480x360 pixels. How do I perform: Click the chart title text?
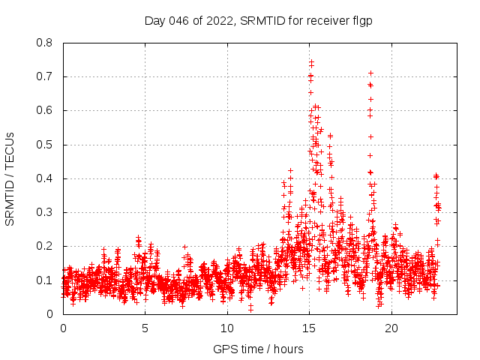pos(258,21)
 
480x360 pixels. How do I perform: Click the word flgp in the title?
pos(362,21)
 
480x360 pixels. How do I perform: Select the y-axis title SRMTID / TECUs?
pos(10,178)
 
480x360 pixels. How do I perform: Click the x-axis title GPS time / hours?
pos(258,349)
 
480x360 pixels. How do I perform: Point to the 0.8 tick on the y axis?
pos(44,43)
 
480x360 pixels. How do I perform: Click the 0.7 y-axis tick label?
pos(44,76)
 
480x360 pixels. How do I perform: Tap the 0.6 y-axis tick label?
pos(44,110)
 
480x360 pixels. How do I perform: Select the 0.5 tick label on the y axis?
pos(44,145)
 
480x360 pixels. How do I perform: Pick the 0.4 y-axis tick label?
pos(44,178)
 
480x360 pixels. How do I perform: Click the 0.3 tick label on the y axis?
pos(44,212)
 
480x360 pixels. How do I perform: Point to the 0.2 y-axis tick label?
pos(44,246)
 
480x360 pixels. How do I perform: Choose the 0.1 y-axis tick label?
pos(44,280)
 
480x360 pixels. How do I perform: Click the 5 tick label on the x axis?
pos(145,328)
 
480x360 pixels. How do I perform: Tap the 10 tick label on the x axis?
pos(227,328)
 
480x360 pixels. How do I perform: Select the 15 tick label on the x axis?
pos(309,328)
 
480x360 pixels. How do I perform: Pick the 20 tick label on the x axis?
pos(391,328)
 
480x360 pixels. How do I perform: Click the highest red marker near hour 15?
pos(311,61)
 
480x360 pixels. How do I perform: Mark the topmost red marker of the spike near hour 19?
pos(370,73)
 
